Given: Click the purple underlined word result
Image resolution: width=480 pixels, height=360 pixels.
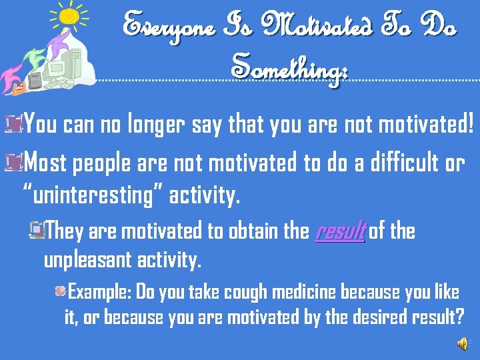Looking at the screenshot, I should pos(340,232).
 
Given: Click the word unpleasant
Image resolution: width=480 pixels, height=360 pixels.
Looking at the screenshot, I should pos(93,260).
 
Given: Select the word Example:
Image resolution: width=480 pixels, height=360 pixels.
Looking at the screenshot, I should pos(100,292).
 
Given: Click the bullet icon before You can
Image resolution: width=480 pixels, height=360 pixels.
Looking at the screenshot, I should pos(11,122).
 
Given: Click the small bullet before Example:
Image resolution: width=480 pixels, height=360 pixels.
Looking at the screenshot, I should pos(60,291).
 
